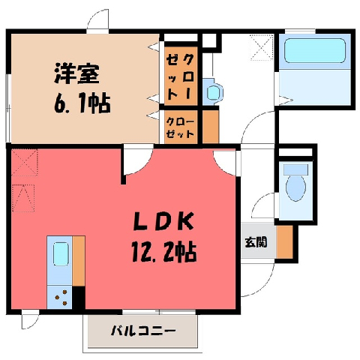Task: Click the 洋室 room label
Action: pos(77,73)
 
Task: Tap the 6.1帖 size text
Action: pos(82,103)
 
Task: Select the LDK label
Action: pos(163,221)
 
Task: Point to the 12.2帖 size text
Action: pos(163,252)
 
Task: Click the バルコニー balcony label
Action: pos(143,331)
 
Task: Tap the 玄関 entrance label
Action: pos(256,242)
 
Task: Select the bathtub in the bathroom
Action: pos(315,51)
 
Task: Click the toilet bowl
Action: pos(296,187)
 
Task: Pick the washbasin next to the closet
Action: pos(212,92)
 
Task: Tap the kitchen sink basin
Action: pos(61,254)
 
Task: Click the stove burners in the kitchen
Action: pos(61,298)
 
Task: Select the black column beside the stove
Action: pos(79,298)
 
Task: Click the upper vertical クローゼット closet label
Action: pos(181,77)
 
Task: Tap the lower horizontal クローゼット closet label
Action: pos(180,127)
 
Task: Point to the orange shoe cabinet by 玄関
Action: pos(285,242)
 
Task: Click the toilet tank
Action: pos(296,169)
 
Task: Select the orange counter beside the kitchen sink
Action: pos(79,261)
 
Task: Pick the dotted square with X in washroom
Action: pos(262,47)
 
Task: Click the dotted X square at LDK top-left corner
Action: pos(25,162)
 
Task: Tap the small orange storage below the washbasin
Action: pos(211,127)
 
